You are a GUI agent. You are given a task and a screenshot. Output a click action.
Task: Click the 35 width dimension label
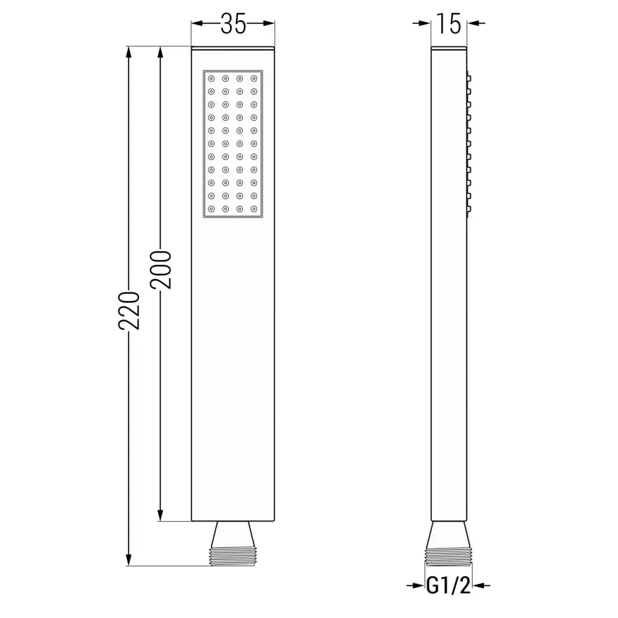(x=233, y=23)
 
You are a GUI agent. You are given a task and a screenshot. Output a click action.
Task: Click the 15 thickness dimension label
(x=449, y=23)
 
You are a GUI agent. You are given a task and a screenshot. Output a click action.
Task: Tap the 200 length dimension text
(x=161, y=270)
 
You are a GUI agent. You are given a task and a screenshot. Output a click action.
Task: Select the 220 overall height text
(x=129, y=310)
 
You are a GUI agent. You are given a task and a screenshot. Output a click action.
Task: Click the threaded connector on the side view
(x=449, y=554)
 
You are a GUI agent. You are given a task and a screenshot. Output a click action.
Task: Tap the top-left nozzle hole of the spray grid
(x=212, y=78)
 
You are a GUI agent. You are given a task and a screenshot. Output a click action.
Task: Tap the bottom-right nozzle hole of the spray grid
(x=253, y=210)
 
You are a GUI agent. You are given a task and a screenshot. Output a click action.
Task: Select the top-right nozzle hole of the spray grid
(x=253, y=78)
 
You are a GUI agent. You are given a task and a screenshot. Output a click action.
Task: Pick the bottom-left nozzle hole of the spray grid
(x=212, y=210)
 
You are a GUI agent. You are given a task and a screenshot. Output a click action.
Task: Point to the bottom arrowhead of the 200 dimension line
(x=161, y=515)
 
